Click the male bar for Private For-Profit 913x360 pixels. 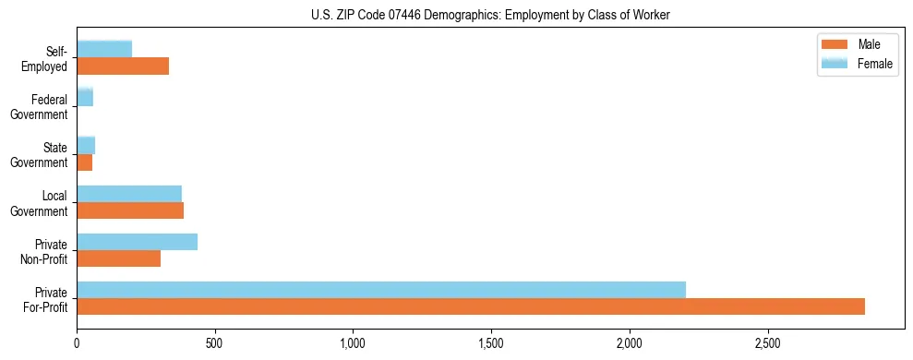coord(471,306)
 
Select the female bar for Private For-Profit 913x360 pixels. coord(381,289)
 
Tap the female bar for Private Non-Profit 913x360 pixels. coord(137,242)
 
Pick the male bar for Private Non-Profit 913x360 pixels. coord(118,258)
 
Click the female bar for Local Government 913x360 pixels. coord(129,194)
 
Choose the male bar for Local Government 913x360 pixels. coord(130,210)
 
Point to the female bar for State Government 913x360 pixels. coord(86,146)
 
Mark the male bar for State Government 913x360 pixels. coord(84,162)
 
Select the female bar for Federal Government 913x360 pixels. coord(85,98)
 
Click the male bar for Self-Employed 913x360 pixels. coord(123,66)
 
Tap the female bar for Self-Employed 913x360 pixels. coord(104,49)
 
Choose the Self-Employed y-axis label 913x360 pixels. coord(50,59)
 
